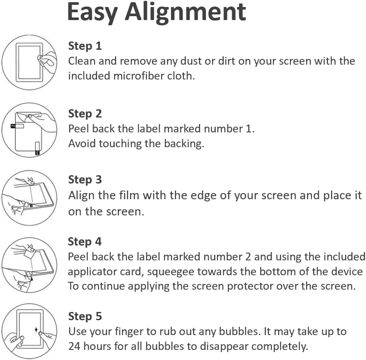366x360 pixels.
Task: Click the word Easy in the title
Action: tap(92, 13)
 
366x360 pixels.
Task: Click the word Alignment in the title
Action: tap(185, 13)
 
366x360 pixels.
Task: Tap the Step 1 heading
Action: tap(85, 46)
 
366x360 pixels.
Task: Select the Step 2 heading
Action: tap(85, 114)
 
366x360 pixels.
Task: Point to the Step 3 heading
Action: tap(85, 180)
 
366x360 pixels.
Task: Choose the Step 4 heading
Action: tap(85, 242)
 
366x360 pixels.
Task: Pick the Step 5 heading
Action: tap(85, 316)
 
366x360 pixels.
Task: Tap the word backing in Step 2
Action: tap(184, 144)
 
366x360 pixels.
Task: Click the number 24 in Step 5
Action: tap(74, 346)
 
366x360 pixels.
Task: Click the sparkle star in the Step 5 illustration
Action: tap(36, 330)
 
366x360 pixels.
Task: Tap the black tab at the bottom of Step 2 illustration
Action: tap(37, 153)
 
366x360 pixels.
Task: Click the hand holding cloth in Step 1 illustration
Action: tap(47, 61)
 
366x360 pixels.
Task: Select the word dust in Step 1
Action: tap(191, 61)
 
